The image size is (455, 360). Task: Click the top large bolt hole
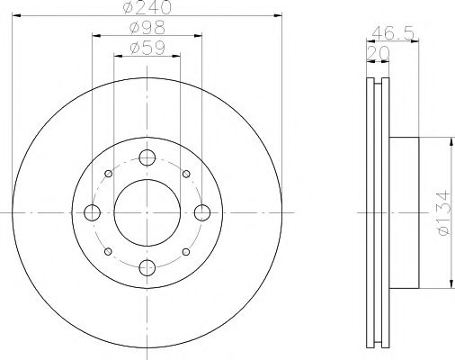146,159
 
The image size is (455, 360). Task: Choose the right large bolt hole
201,212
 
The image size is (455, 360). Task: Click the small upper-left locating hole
108,175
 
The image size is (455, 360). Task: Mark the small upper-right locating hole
184,175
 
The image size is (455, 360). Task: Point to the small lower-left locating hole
108,251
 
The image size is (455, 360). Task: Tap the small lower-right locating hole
184,251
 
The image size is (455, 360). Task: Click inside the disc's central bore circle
146,212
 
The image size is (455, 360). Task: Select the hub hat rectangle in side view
405,212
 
